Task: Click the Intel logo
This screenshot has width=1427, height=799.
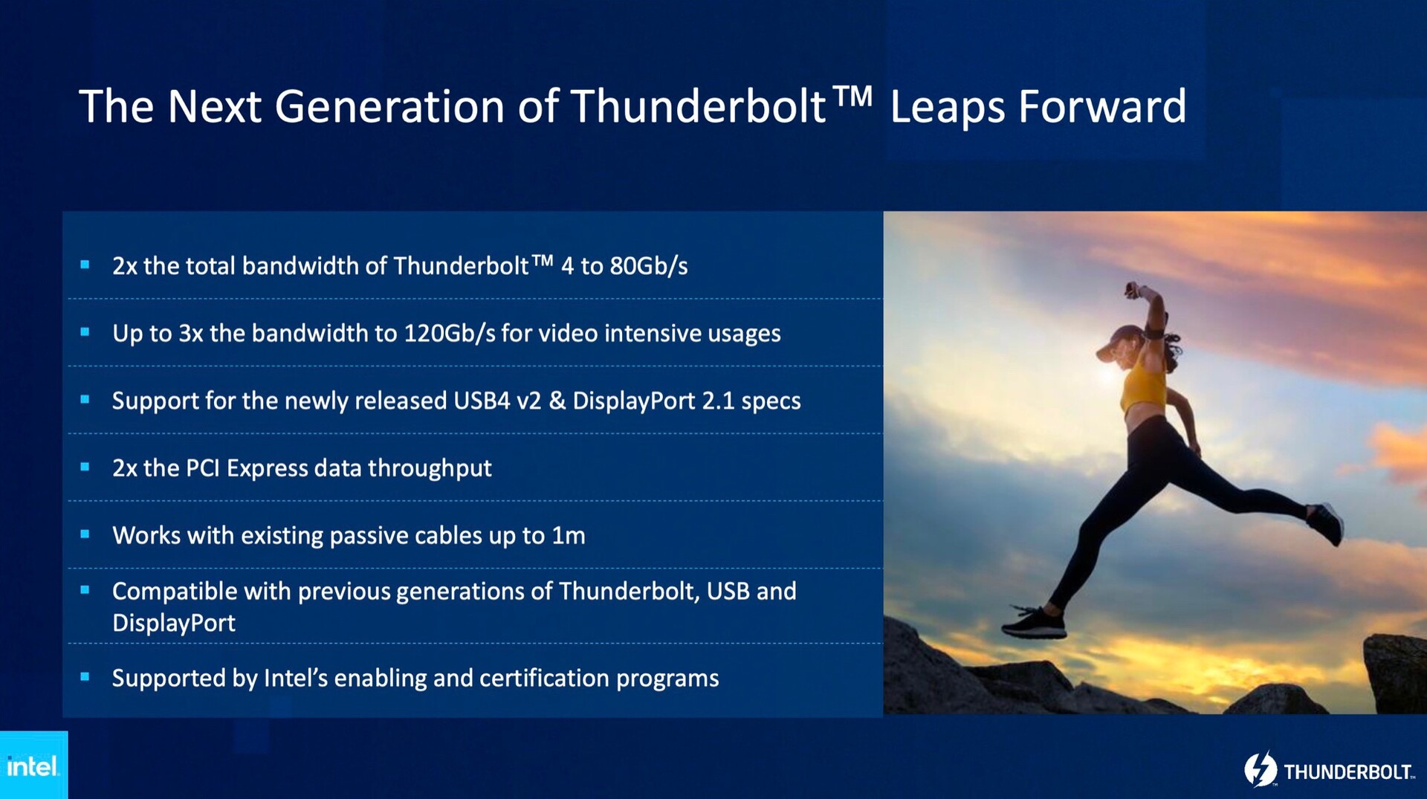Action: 33,766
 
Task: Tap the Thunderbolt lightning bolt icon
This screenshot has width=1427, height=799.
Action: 1261,770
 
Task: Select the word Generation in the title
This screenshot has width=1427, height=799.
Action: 390,106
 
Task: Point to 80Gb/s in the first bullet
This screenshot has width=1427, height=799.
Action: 649,266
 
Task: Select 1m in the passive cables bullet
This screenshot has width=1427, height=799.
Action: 569,536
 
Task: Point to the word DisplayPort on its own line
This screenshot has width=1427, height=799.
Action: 174,623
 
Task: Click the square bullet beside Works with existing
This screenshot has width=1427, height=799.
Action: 85,534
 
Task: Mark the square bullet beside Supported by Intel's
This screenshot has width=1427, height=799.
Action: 85,676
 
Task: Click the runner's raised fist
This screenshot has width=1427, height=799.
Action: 1133,289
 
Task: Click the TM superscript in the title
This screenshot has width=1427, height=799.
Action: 852,96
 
